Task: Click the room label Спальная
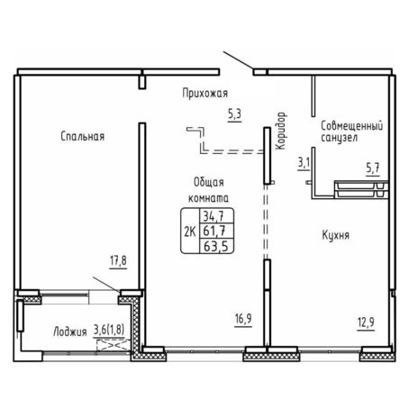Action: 83,136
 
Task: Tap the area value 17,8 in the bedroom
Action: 118,260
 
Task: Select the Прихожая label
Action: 205,93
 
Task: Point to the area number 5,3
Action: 234,114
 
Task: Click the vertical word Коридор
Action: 281,131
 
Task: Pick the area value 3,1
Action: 304,163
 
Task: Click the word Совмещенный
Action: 352,126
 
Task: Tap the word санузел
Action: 340,138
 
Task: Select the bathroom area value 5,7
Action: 373,168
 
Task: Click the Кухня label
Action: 336,235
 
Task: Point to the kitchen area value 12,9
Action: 366,323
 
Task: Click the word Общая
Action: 209,182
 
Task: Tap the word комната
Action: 208,198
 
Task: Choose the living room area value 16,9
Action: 243,319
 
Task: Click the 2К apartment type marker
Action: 190,232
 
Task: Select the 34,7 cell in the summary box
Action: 214,216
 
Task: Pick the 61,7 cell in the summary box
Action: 214,231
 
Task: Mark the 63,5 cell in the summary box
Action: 216,246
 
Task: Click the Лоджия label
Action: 70,332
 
